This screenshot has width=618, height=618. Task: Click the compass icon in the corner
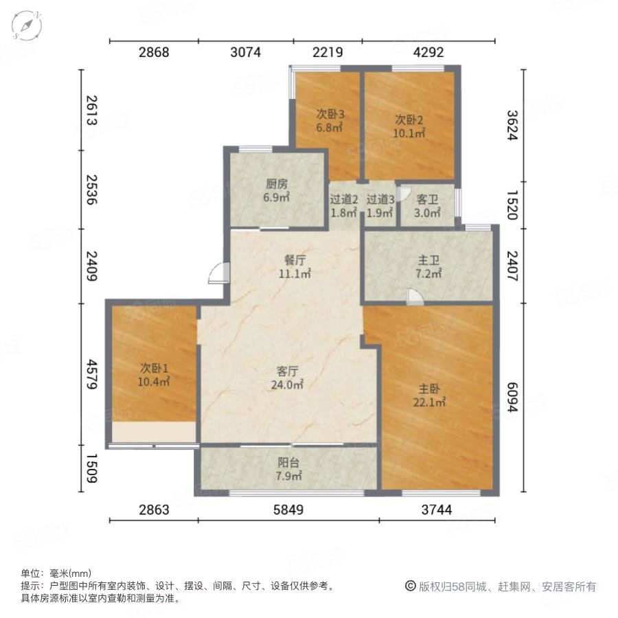[26, 25]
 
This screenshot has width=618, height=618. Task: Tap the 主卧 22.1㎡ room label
[429, 396]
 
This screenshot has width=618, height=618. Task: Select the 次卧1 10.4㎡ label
[154, 375]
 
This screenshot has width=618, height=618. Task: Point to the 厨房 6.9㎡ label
[276, 190]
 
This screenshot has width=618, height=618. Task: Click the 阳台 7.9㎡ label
[288, 469]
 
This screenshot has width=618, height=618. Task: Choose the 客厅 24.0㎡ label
[287, 378]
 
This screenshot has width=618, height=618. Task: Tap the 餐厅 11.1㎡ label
[295, 267]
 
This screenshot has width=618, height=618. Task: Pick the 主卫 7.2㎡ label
[428, 267]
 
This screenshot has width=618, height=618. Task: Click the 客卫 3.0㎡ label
[427, 206]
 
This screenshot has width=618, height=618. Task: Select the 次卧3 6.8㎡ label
[330, 121]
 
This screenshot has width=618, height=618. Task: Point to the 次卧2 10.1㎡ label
[409, 126]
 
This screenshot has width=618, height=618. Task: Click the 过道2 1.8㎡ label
[344, 206]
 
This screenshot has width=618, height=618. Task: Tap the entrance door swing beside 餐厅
[218, 273]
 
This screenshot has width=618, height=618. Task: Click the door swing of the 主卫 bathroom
[415, 297]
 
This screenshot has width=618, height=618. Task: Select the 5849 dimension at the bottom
[288, 510]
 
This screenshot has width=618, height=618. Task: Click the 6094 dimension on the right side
[512, 398]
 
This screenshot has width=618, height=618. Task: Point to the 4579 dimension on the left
[92, 374]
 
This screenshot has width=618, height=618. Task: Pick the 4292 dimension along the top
[428, 52]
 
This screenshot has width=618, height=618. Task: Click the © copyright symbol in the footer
[411, 586]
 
